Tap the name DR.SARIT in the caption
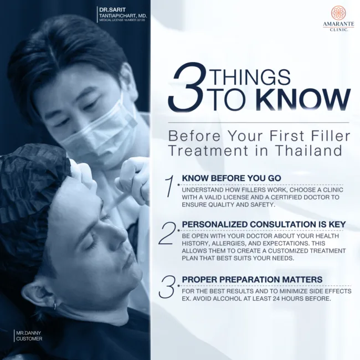112,11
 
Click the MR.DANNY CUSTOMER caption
29,336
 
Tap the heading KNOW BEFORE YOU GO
231,178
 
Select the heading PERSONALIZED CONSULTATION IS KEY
264,224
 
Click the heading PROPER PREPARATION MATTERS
252,279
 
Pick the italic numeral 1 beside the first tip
171,186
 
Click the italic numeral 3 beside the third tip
168,286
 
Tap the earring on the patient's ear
55,306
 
